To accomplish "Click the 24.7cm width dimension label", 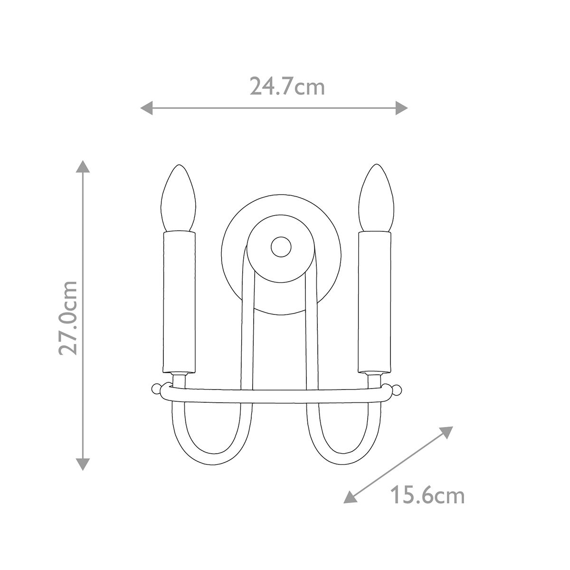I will [287, 86].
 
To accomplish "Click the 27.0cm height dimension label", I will [67, 317].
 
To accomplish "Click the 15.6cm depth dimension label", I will [427, 496].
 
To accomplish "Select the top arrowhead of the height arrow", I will [83, 168].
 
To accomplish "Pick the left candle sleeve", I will [179, 302].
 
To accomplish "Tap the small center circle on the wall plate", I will [281, 247].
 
